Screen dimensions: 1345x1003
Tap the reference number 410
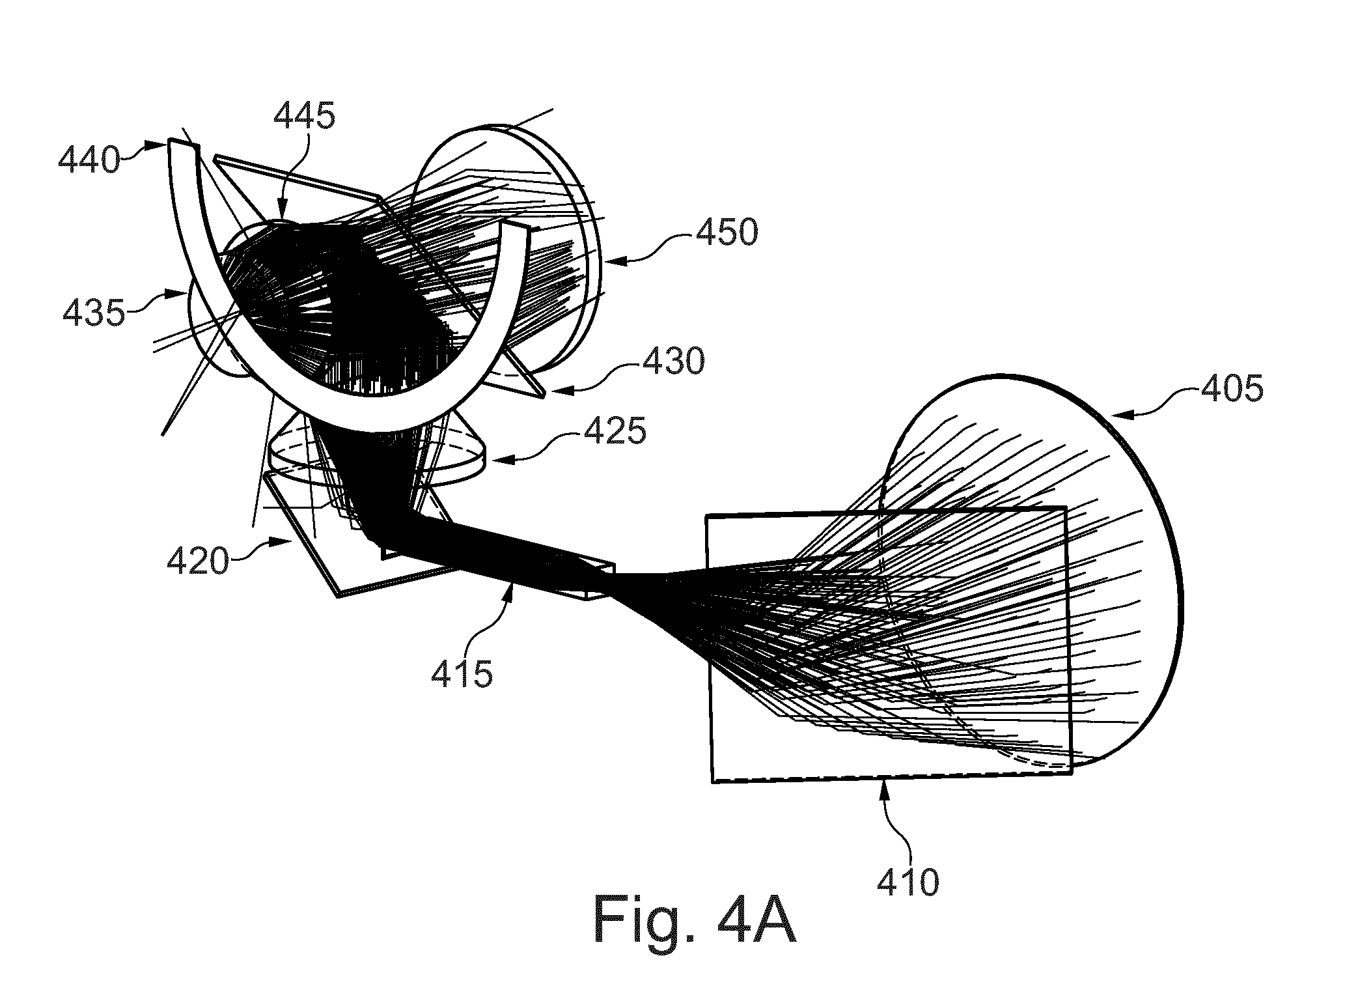pos(908,883)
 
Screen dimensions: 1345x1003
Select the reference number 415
pos(462,673)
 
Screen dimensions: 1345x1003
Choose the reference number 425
pos(615,429)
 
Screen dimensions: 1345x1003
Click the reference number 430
pos(673,360)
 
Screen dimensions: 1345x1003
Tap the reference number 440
pos(89,159)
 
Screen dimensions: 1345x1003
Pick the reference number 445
pos(304,117)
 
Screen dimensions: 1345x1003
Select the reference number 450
pos(727,232)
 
